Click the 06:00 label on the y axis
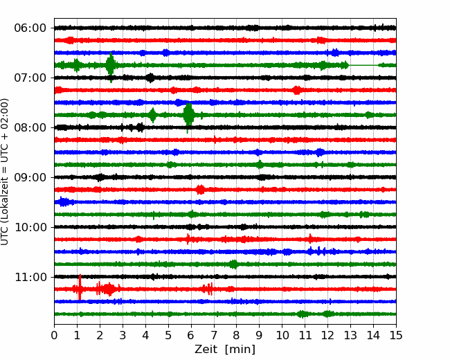(30, 28)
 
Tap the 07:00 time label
(30, 78)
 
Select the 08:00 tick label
(30, 127)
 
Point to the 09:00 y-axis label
(30, 177)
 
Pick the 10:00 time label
(30, 227)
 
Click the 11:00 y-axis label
(30, 277)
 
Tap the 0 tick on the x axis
(54, 335)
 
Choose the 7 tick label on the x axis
(213, 335)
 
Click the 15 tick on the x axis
(396, 335)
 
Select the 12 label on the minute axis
(327, 335)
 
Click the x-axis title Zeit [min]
(225, 350)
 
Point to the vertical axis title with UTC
(5, 172)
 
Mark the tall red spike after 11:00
(80, 287)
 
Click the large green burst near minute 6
(188, 116)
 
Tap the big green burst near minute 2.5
(111, 66)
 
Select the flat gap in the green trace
(363, 66)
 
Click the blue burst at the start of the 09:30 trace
(64, 202)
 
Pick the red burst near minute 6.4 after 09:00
(200, 190)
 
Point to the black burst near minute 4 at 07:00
(150, 78)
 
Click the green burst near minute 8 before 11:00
(234, 264)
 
